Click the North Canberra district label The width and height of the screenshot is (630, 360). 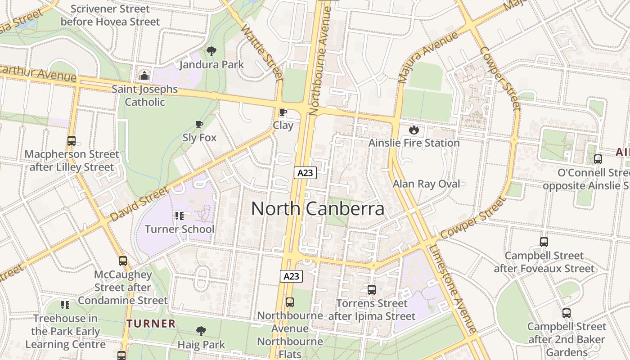click(x=318, y=209)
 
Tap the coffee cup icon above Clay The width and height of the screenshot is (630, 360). click(x=283, y=112)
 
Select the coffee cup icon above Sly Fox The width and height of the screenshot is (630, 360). click(x=199, y=124)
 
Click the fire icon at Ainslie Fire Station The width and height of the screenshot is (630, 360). click(x=414, y=130)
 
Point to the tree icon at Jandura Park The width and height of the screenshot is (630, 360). click(x=211, y=51)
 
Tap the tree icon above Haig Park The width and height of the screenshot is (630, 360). click(x=201, y=331)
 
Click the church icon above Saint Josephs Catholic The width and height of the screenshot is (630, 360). click(x=144, y=76)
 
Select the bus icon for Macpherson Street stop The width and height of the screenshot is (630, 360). click(x=72, y=141)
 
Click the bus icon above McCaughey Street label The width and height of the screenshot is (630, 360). click(x=122, y=261)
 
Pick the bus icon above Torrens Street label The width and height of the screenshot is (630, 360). click(x=371, y=290)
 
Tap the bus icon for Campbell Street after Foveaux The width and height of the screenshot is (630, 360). click(x=544, y=242)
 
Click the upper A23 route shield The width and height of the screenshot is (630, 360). click(x=306, y=172)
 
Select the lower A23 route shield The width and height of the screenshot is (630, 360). click(x=291, y=276)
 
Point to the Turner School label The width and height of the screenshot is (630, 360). click(x=180, y=229)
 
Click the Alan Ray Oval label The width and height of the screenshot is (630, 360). click(x=426, y=184)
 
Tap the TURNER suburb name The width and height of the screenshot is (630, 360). click(x=151, y=323)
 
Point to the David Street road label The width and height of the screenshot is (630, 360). click(x=139, y=204)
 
